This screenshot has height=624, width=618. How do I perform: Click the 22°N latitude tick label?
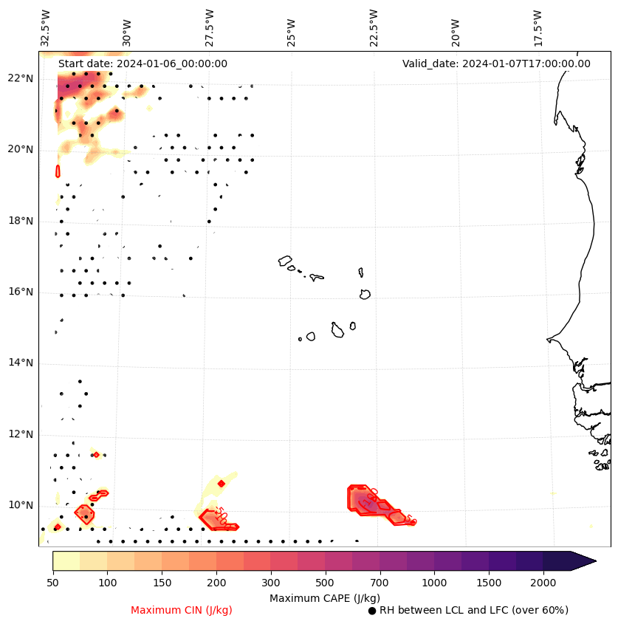pyautogui.click(x=21, y=78)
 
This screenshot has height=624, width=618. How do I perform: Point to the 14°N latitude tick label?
pyautogui.click(x=21, y=363)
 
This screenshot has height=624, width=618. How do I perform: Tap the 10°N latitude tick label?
pyautogui.click(x=21, y=505)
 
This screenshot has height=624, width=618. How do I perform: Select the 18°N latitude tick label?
pyautogui.click(x=21, y=221)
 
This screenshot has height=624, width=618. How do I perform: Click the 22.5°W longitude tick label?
pyautogui.click(x=373, y=27)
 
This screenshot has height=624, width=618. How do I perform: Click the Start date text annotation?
pyautogui.click(x=143, y=64)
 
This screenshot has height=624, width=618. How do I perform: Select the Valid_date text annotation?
pyautogui.click(x=496, y=64)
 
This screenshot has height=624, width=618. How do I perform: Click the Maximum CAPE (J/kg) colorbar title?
pyautogui.click(x=324, y=597)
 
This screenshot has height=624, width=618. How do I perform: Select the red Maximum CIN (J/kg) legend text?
pyautogui.click(x=181, y=610)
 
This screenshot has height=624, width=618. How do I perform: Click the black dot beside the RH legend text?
pyautogui.click(x=372, y=611)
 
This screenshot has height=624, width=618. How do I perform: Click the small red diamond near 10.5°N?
pyautogui.click(x=222, y=484)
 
